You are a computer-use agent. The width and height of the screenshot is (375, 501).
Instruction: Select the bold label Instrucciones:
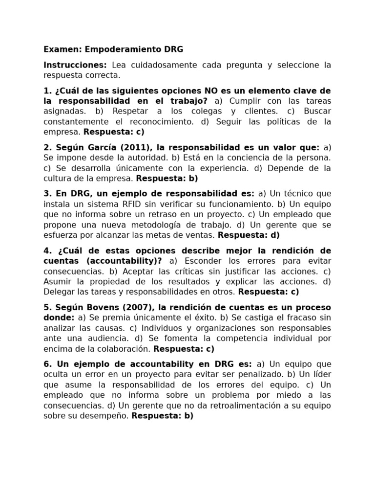click(75, 65)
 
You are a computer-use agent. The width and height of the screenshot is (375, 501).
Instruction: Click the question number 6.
click(47, 364)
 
